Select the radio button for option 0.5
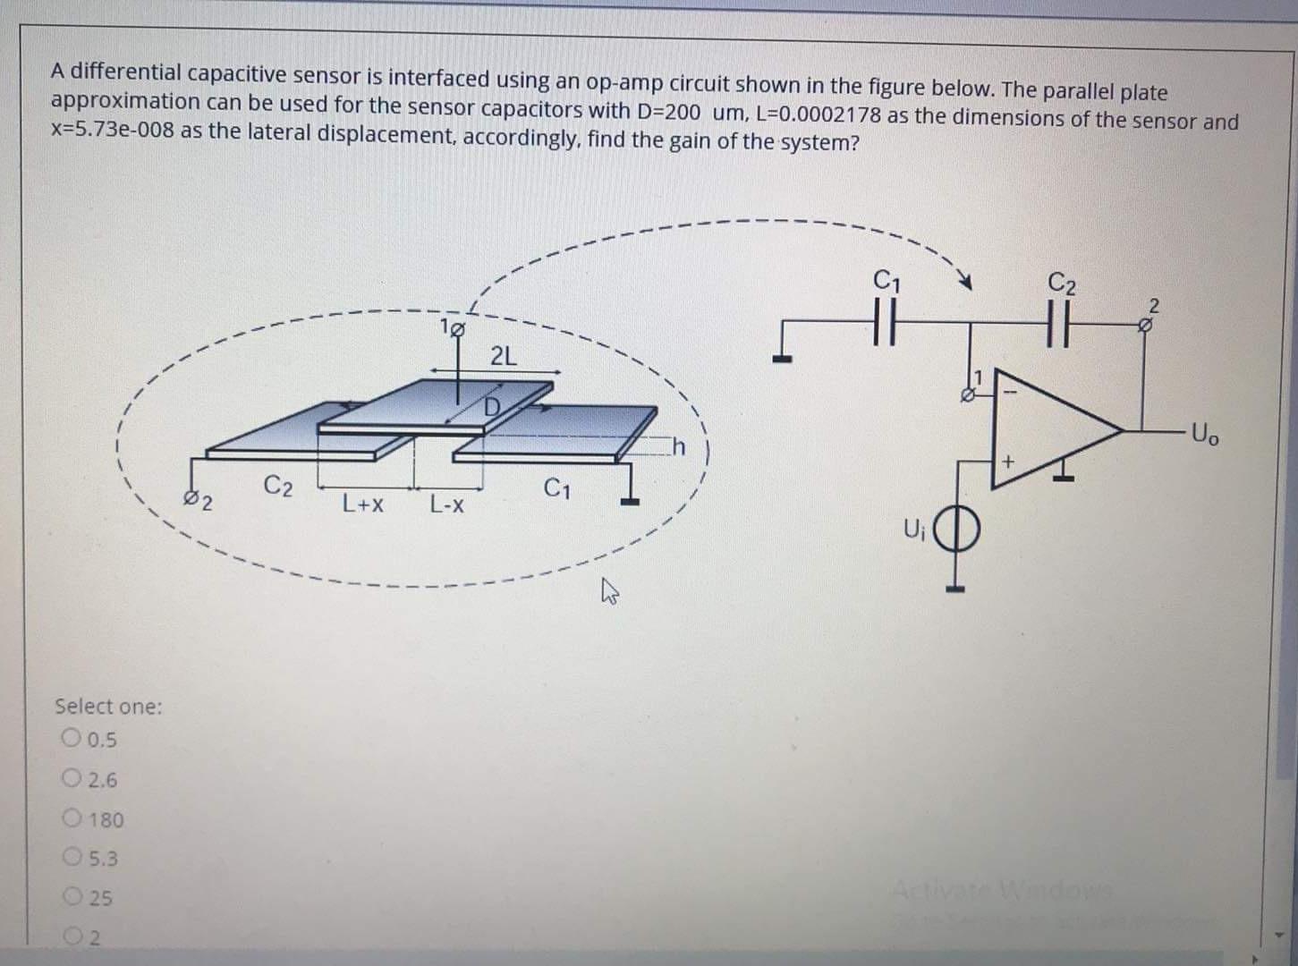coord(72,739)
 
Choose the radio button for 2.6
coord(72,779)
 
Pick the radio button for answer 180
coord(72,818)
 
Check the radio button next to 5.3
coord(72,858)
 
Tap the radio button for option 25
coord(72,897)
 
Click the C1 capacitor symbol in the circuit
coord(885,319)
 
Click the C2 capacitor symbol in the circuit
coord(1061,320)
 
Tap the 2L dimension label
coord(504,356)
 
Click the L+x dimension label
coord(363,505)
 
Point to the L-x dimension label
coord(446,506)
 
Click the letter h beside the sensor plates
coord(679,446)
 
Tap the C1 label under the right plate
coord(556,489)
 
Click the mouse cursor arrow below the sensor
coord(610,589)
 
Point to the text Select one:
coord(108,707)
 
